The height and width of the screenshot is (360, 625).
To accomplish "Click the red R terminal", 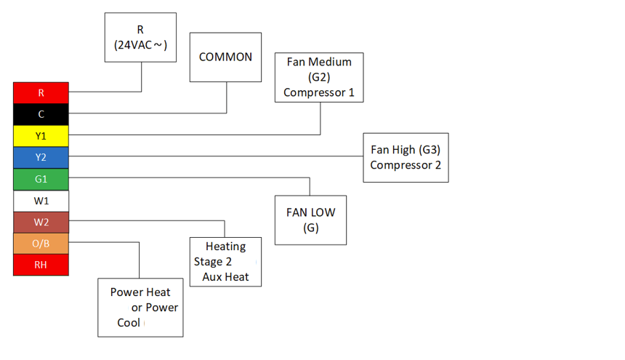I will (x=41, y=92).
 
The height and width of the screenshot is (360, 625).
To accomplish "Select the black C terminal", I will (x=41, y=114).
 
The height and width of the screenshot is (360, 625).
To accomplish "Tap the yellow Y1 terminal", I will (x=41, y=136).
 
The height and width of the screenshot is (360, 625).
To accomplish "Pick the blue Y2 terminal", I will (x=41, y=158).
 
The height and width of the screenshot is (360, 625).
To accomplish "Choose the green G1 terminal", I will (x=41, y=179).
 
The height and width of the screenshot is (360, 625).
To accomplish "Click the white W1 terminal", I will (x=41, y=201).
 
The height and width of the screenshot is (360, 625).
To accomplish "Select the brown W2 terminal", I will (x=41, y=222).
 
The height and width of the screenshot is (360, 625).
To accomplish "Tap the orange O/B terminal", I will (x=41, y=244).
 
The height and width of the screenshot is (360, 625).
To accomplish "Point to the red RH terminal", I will (x=41, y=265).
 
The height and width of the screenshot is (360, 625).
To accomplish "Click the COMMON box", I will (x=225, y=57).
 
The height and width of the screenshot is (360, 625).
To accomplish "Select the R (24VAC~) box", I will (x=140, y=38).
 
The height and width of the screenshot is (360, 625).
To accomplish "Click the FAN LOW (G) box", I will (x=310, y=220).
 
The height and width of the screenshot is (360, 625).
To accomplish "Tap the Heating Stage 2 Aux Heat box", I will (x=225, y=262).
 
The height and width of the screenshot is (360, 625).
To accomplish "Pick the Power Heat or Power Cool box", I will (x=140, y=307).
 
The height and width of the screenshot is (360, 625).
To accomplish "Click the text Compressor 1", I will (x=319, y=92).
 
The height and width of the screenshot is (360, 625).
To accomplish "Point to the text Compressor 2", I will (x=406, y=165).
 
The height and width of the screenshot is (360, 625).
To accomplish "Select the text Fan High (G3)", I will (x=406, y=150).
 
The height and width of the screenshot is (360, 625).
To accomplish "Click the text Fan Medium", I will (x=319, y=62).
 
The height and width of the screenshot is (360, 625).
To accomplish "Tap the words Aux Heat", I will (x=225, y=276).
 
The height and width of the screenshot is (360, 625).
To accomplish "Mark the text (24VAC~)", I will (x=140, y=45).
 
